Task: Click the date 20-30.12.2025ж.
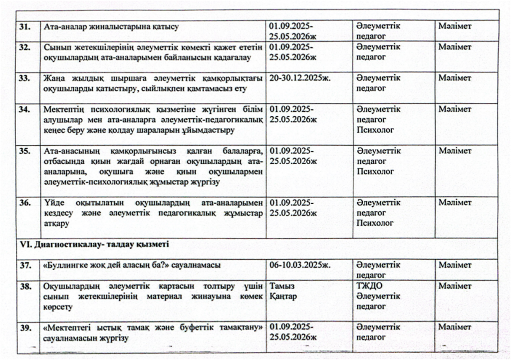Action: point(300,78)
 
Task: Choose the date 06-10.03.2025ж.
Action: point(300,265)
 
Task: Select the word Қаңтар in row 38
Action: point(283,297)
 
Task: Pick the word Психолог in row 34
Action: point(375,130)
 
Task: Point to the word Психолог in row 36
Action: point(375,224)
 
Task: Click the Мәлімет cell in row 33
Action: point(455,78)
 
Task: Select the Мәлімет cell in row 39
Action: point(455,328)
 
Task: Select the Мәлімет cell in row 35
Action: point(455,151)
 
